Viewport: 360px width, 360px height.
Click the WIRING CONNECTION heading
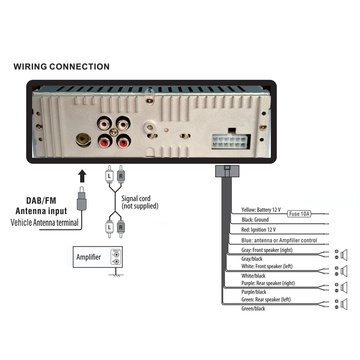(61, 67)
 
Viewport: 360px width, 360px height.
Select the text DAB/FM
(41, 201)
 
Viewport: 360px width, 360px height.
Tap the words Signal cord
(136, 198)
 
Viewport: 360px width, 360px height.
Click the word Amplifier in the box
(89, 257)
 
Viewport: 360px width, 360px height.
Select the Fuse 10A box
(299, 214)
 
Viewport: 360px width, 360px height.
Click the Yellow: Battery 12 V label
(261, 210)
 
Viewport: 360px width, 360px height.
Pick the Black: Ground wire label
(255, 220)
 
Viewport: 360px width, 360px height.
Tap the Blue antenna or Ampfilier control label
(279, 240)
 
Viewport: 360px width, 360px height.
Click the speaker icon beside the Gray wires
(345, 254)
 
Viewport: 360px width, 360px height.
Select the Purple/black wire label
(253, 292)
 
